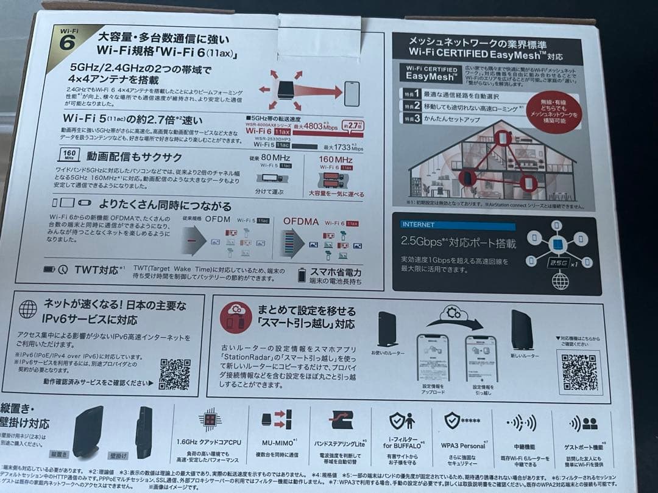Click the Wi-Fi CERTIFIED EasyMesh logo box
[x=431, y=72]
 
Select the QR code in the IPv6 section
[x=174, y=374]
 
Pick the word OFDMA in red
[x=301, y=222]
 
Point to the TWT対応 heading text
[x=96, y=268]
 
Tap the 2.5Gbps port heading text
[x=458, y=243]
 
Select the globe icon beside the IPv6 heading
[x=27, y=309]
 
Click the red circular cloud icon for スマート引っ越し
[x=235, y=316]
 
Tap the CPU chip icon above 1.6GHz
[x=210, y=420]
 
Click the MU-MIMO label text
[x=278, y=445]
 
